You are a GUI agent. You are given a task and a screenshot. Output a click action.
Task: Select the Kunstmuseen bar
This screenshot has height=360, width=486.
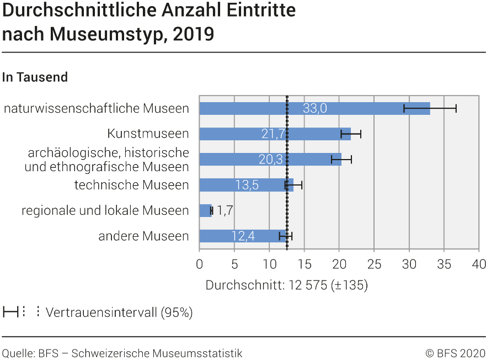[x=232, y=134]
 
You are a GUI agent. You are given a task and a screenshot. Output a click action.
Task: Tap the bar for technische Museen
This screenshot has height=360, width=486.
[x=221, y=185]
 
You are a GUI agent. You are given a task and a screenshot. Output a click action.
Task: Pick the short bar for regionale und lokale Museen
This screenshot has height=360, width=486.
[x=205, y=210]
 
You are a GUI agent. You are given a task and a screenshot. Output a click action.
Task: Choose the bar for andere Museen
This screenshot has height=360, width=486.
[x=215, y=236]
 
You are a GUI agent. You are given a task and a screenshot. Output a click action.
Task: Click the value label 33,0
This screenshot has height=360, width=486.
[x=314, y=108]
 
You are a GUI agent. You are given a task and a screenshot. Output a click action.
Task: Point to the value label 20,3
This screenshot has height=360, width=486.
[x=270, y=160]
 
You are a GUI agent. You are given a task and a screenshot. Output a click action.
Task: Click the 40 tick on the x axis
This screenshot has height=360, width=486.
[x=478, y=264]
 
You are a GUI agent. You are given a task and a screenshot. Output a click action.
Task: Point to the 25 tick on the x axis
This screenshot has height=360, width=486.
[x=374, y=264]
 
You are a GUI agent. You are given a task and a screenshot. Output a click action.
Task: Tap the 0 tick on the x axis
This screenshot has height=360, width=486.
[x=199, y=264]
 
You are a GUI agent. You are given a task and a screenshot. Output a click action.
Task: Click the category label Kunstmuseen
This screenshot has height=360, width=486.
[x=148, y=134]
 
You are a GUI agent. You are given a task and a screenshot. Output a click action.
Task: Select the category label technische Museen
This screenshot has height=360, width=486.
[x=131, y=185]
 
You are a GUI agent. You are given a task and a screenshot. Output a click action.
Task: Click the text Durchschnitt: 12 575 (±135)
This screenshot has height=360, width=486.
[x=286, y=285]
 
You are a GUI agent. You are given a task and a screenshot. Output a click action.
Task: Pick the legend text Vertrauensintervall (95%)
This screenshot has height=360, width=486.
[x=119, y=313]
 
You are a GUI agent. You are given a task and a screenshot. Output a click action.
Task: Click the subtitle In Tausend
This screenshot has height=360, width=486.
[x=35, y=77]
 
